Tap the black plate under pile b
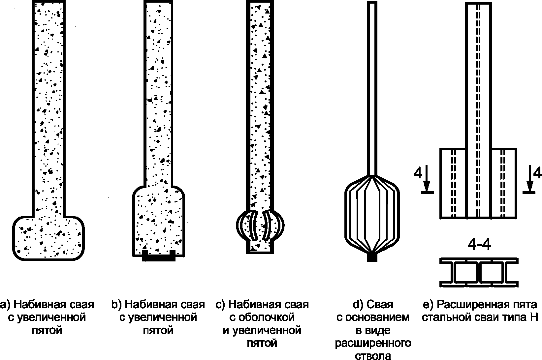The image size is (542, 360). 158,257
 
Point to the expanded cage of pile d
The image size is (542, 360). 372,214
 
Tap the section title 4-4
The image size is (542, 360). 479,245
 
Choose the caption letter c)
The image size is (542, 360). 220,304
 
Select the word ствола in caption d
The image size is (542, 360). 373,355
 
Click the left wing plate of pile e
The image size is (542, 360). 453,183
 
